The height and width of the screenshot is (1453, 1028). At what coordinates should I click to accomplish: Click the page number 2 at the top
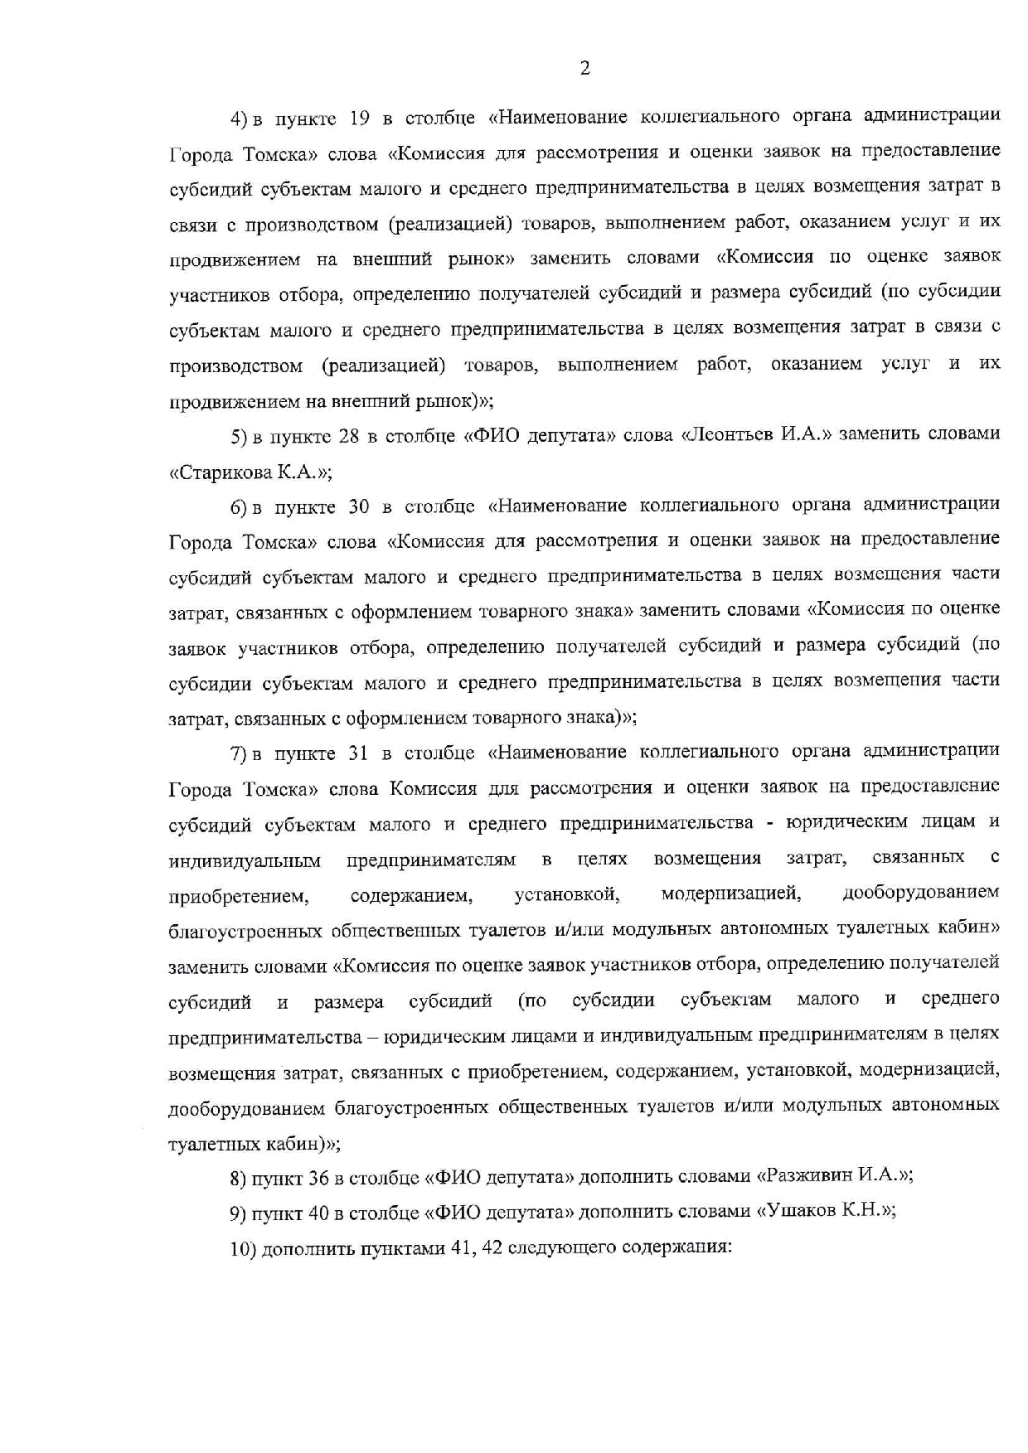pyautogui.click(x=584, y=69)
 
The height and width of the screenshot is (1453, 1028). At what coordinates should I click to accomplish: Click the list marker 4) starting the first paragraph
pyautogui.click(x=240, y=119)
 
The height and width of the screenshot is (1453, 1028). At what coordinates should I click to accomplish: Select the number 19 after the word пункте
pyautogui.click(x=360, y=118)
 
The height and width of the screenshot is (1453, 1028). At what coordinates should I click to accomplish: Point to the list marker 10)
pyautogui.click(x=243, y=1248)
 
